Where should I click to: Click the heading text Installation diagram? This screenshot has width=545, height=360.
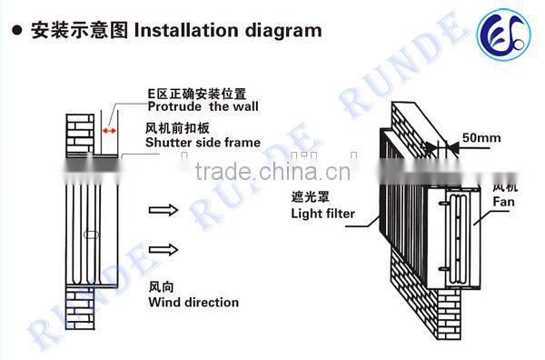pyautogui.click(x=228, y=30)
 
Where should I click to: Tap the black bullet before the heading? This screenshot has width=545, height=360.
pyautogui.click(x=15, y=30)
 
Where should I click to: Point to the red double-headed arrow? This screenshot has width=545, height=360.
pyautogui.click(x=110, y=132)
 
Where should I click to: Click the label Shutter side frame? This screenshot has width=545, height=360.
pyautogui.click(x=202, y=142)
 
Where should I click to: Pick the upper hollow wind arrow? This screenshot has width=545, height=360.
pyautogui.click(x=161, y=210)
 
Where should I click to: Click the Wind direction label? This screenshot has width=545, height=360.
pyautogui.click(x=193, y=302)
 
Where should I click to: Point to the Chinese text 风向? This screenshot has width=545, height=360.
pyautogui.click(x=161, y=286)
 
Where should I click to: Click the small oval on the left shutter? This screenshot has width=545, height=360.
pyautogui.click(x=92, y=235)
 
